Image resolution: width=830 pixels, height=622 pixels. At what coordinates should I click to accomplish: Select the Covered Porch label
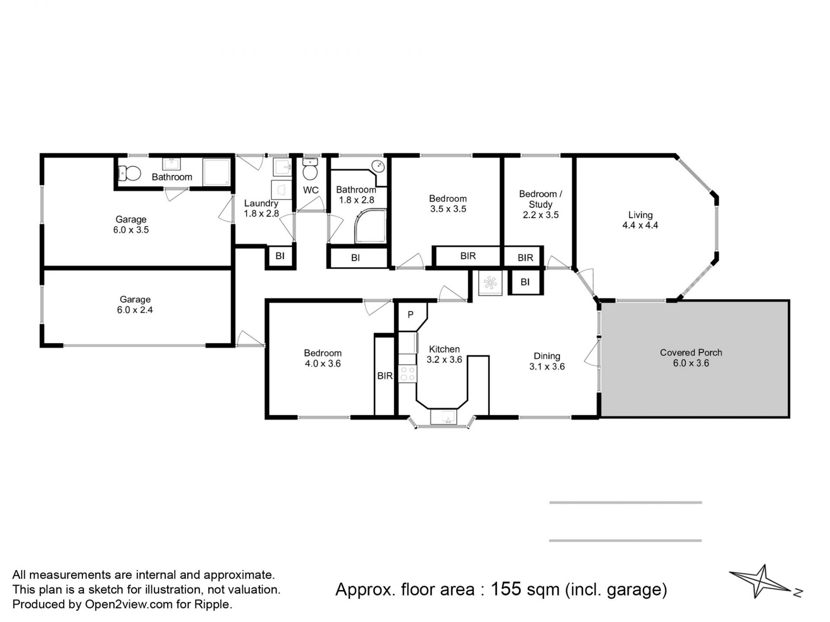[691, 352]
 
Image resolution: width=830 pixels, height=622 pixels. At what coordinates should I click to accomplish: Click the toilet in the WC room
[310, 169]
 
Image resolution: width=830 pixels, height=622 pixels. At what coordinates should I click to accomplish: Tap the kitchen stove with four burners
[407, 374]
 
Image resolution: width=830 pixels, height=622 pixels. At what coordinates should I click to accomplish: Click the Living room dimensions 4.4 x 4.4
[640, 225]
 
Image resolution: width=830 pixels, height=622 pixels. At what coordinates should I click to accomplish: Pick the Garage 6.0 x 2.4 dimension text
[135, 310]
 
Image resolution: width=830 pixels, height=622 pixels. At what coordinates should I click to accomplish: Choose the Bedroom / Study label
[540, 199]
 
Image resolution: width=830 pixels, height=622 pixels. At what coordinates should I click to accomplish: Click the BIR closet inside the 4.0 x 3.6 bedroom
[385, 376]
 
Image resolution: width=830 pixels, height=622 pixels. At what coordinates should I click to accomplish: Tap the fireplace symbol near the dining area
[490, 283]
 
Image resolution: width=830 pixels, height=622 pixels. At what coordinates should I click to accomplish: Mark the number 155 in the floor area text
[506, 589]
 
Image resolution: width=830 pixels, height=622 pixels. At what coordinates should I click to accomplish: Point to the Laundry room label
[261, 203]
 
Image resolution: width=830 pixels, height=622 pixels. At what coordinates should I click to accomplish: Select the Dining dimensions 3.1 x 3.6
[547, 366]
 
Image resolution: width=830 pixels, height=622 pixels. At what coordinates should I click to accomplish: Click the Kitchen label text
[444, 349]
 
